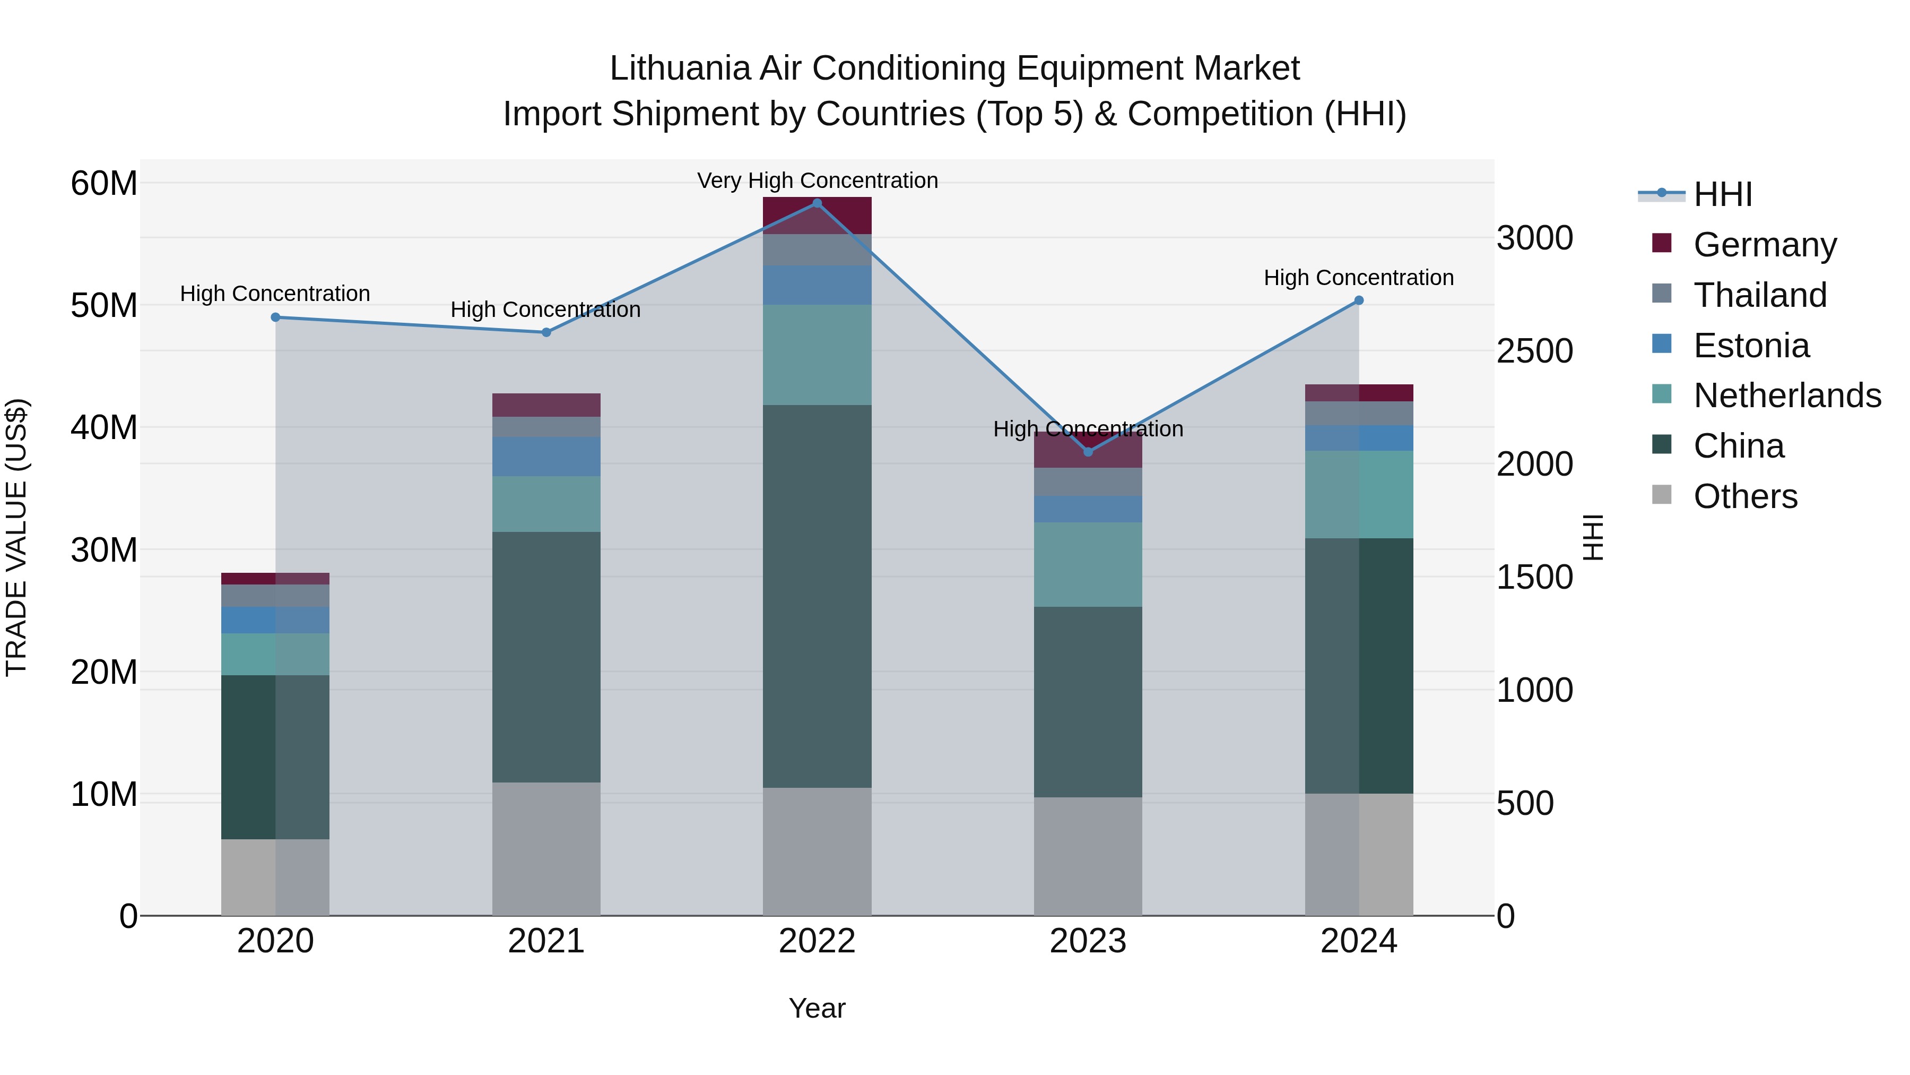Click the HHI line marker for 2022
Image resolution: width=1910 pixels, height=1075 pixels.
pyautogui.click(x=817, y=203)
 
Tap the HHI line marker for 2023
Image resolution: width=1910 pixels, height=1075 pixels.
pyautogui.click(x=1088, y=452)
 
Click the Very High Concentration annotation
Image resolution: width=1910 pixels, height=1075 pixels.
pyautogui.click(x=817, y=181)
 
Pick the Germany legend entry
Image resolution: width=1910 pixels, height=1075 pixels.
pyautogui.click(x=1765, y=245)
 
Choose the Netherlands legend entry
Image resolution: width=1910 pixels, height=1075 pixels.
pyautogui.click(x=1787, y=395)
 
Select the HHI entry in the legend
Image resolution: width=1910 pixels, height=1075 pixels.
pyautogui.click(x=1722, y=194)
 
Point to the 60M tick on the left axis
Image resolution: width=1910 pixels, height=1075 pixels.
pyautogui.click(x=104, y=183)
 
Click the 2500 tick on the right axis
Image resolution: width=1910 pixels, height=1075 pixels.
pyautogui.click(x=1534, y=351)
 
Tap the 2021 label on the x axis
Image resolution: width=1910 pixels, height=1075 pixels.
pyautogui.click(x=546, y=941)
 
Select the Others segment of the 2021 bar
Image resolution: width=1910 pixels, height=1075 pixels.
pyautogui.click(x=546, y=849)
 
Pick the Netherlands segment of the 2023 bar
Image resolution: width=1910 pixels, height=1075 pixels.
pyautogui.click(x=1088, y=565)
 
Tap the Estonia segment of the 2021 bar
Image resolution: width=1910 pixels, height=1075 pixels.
pyautogui.click(x=546, y=456)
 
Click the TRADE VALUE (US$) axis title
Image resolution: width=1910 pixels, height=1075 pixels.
pyautogui.click(x=16, y=537)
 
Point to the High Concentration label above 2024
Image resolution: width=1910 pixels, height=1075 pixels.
pyautogui.click(x=1358, y=278)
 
